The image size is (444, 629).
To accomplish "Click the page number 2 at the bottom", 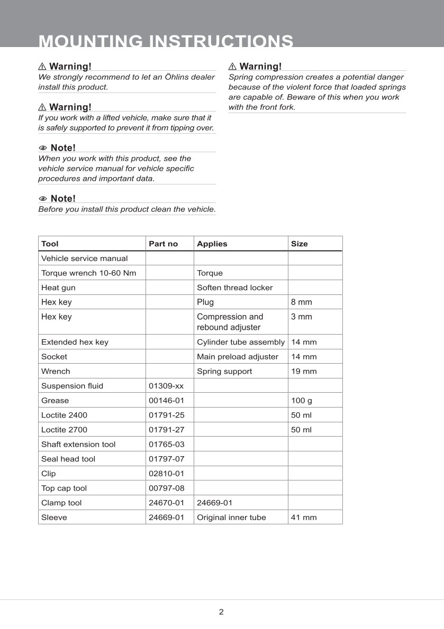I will click(x=221, y=612).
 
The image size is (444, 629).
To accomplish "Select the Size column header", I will click(x=299, y=244).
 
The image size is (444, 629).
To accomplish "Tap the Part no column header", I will click(x=163, y=244).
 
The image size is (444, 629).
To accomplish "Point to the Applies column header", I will click(x=212, y=244).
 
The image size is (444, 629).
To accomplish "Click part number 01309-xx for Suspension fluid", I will click(x=167, y=386).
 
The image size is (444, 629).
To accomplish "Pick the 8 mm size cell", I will click(x=302, y=302).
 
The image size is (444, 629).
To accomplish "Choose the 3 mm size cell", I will click(x=302, y=317).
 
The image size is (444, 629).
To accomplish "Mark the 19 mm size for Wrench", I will click(x=304, y=372).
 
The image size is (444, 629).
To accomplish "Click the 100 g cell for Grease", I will click(x=302, y=401).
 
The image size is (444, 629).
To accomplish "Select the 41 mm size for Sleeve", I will click(x=304, y=517).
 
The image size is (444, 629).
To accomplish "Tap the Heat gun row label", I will click(x=58, y=288).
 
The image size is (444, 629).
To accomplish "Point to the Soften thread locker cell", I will click(x=234, y=288).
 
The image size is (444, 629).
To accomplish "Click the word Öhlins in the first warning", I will click(x=180, y=77).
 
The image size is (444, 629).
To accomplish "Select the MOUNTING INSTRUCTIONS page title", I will click(x=166, y=41).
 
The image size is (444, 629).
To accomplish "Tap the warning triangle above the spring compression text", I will click(x=233, y=67).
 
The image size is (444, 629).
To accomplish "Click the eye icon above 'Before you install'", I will click(x=43, y=199).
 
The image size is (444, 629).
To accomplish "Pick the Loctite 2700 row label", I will click(x=64, y=430).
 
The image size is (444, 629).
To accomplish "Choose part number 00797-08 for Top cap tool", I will click(x=167, y=488).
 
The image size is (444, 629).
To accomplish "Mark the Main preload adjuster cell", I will click(x=237, y=357).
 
